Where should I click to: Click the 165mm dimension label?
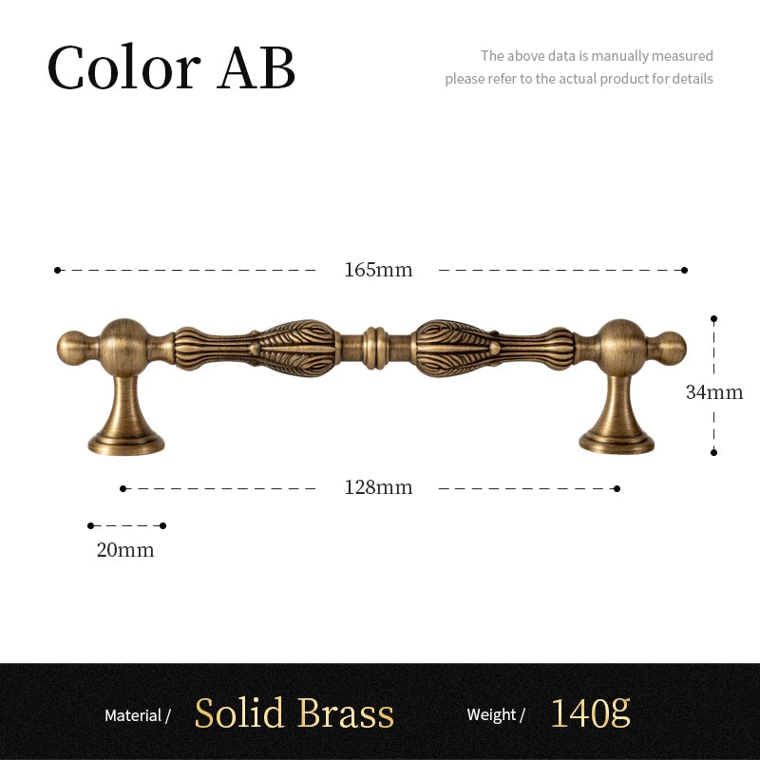pos(378,270)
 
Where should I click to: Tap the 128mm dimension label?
pos(378,487)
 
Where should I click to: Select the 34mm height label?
pos(714,392)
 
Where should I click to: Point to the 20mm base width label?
pos(125,550)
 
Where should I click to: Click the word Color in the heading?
pos(123,66)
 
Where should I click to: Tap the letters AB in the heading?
pos(256,67)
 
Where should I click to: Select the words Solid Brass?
pos(294,712)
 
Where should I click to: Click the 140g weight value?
pos(590,712)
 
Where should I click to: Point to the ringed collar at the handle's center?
pos(375,348)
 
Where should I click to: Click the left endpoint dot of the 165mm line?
pos(57,270)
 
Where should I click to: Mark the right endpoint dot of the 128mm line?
pos(617,488)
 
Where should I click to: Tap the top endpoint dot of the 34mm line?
pos(713,319)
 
